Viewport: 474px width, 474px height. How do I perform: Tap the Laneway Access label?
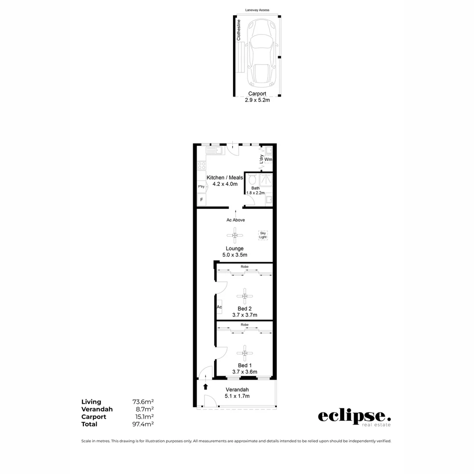pos(257,10)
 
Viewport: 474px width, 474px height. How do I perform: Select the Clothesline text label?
pos(239,30)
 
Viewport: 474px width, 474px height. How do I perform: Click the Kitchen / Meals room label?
pos(225,178)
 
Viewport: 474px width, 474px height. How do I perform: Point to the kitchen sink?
pos(215,151)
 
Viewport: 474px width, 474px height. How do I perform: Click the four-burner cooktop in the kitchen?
pos(201,166)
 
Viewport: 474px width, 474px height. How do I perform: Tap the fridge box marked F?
pos(201,200)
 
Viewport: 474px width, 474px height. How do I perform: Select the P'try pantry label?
pos(201,187)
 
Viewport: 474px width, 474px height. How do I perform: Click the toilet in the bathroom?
pos(252,180)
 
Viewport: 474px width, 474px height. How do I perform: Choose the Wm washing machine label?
pos(268,159)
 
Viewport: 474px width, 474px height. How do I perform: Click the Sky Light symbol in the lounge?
pos(263,235)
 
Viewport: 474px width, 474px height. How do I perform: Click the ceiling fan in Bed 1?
pos(244,352)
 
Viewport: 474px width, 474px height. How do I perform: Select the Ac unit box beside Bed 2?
pos(219,307)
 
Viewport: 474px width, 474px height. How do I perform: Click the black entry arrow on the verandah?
pos(205,387)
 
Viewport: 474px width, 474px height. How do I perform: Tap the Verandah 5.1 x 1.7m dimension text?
pos(237,396)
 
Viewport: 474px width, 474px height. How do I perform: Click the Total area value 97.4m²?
pos(143,424)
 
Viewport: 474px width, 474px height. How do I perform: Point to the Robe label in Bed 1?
pos(244,325)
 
